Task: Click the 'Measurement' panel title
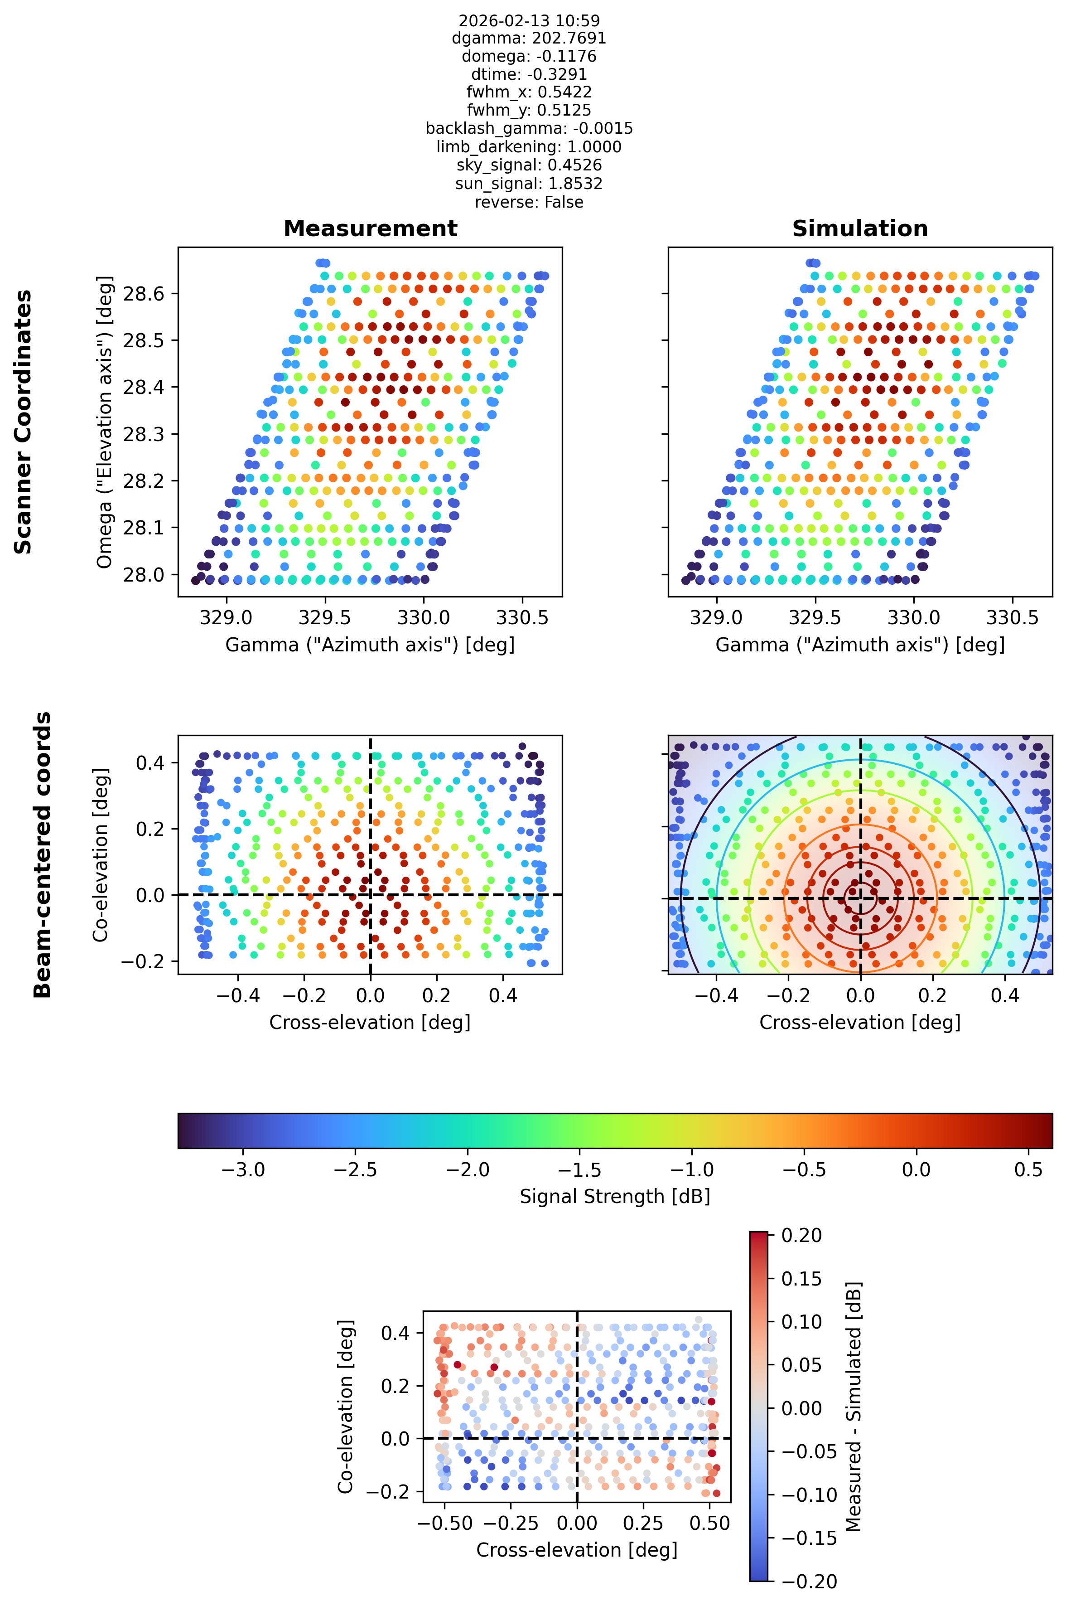pyautogui.click(x=371, y=228)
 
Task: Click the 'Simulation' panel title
pyautogui.click(x=860, y=228)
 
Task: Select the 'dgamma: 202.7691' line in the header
pyautogui.click(x=529, y=38)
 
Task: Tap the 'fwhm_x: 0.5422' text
pyautogui.click(x=529, y=92)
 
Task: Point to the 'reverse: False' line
pyautogui.click(x=529, y=202)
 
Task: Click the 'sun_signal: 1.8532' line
pyautogui.click(x=529, y=184)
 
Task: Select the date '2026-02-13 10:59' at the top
pyautogui.click(x=529, y=20)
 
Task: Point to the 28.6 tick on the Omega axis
pyautogui.click(x=144, y=294)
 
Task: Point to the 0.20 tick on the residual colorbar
pyautogui.click(x=801, y=1235)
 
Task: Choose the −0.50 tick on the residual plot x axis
pyautogui.click(x=444, y=1523)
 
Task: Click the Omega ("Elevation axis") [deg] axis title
pyautogui.click(x=104, y=422)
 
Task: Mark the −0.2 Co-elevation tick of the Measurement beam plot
pyautogui.click(x=143, y=961)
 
